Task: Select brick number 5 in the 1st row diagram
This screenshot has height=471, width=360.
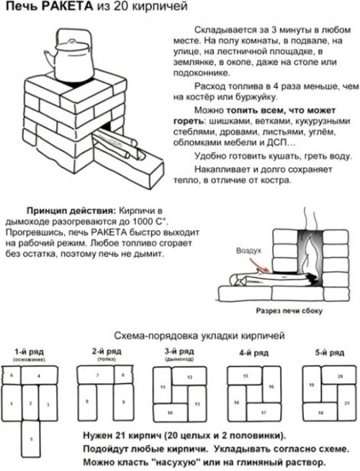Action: pos(31,436)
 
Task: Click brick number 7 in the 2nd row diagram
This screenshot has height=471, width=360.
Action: pos(98,375)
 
